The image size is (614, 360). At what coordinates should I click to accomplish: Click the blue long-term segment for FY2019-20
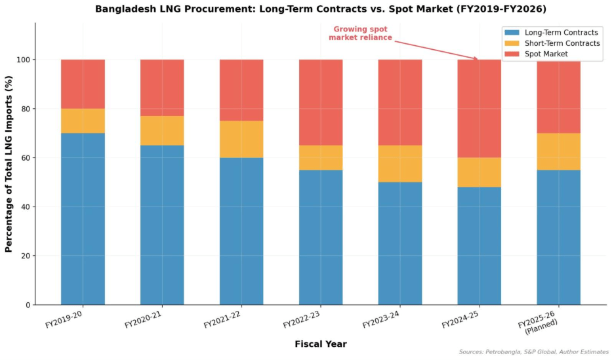point(83,218)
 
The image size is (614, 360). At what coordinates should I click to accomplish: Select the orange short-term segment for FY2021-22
point(241,139)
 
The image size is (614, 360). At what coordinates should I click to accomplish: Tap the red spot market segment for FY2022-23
point(321,102)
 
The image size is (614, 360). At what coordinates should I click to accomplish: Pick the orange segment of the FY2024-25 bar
point(479,172)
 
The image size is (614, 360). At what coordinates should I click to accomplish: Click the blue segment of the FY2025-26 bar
point(558,237)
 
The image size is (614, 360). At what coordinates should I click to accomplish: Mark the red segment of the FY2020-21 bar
point(162,87)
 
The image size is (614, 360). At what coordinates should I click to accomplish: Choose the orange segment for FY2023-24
point(399,163)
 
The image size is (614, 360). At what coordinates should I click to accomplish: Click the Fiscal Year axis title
point(320,344)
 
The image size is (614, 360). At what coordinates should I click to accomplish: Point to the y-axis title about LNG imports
point(9,164)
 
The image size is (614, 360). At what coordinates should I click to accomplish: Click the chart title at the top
point(320,9)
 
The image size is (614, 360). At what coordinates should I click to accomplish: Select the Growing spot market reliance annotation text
point(360,33)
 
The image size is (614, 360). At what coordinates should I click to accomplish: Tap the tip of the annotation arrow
point(478,60)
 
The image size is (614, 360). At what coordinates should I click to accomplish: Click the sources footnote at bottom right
point(533,353)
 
